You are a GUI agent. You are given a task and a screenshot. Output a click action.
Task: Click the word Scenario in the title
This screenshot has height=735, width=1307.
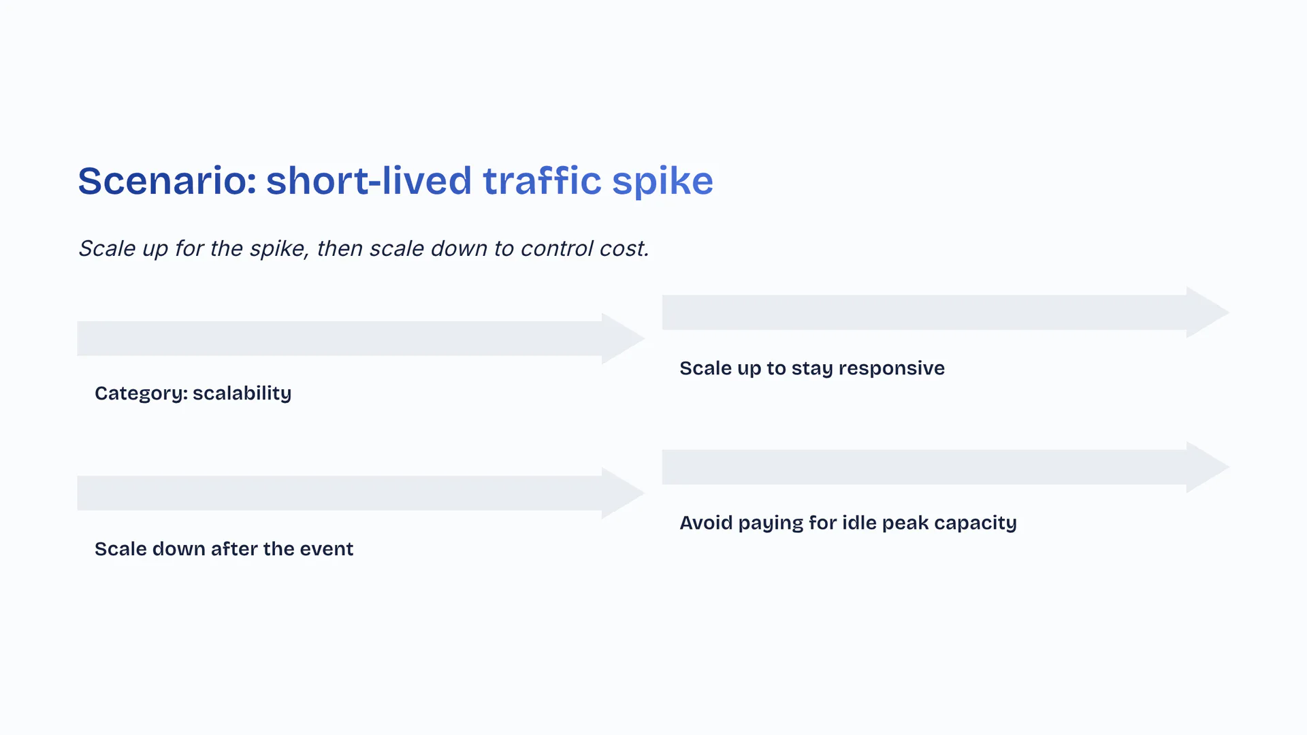tap(167, 181)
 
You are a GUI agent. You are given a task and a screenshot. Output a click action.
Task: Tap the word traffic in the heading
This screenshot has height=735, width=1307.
tap(542, 180)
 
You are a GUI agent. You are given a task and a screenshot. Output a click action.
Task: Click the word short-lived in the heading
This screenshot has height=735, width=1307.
tap(369, 180)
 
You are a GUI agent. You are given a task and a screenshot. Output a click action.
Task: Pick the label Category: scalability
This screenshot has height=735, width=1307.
tap(193, 393)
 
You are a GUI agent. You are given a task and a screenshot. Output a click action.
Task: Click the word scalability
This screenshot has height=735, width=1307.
tap(242, 393)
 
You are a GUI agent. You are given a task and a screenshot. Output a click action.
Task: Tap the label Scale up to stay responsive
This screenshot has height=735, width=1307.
tap(812, 369)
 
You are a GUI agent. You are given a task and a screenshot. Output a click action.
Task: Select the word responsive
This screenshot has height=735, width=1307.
tap(892, 369)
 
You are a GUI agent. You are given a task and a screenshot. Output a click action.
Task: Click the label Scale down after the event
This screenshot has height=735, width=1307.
tap(224, 549)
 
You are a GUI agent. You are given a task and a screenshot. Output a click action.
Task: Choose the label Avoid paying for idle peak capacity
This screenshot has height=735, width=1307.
tap(848, 523)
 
